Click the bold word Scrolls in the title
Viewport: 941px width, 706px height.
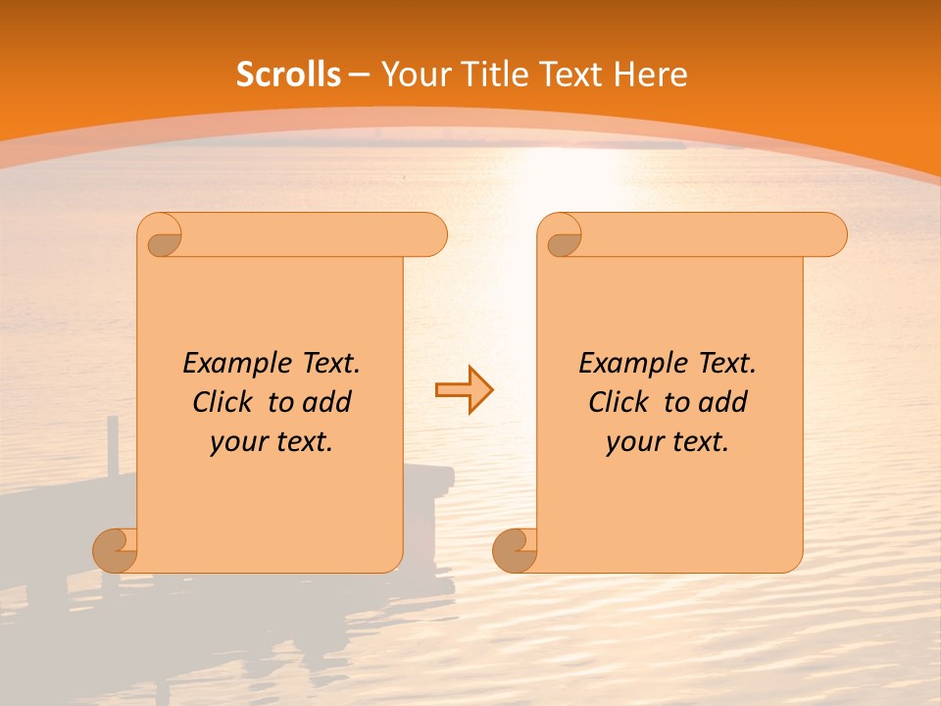tap(288, 75)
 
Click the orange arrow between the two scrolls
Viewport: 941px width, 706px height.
tap(464, 390)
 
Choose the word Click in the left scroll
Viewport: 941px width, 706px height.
tap(225, 402)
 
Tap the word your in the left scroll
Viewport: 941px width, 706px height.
tap(236, 442)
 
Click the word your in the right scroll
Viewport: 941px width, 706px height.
tap(632, 442)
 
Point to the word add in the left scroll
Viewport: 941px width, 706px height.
tap(326, 402)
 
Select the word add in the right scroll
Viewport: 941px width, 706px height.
tap(722, 402)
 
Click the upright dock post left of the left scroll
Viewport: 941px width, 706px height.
tap(113, 446)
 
